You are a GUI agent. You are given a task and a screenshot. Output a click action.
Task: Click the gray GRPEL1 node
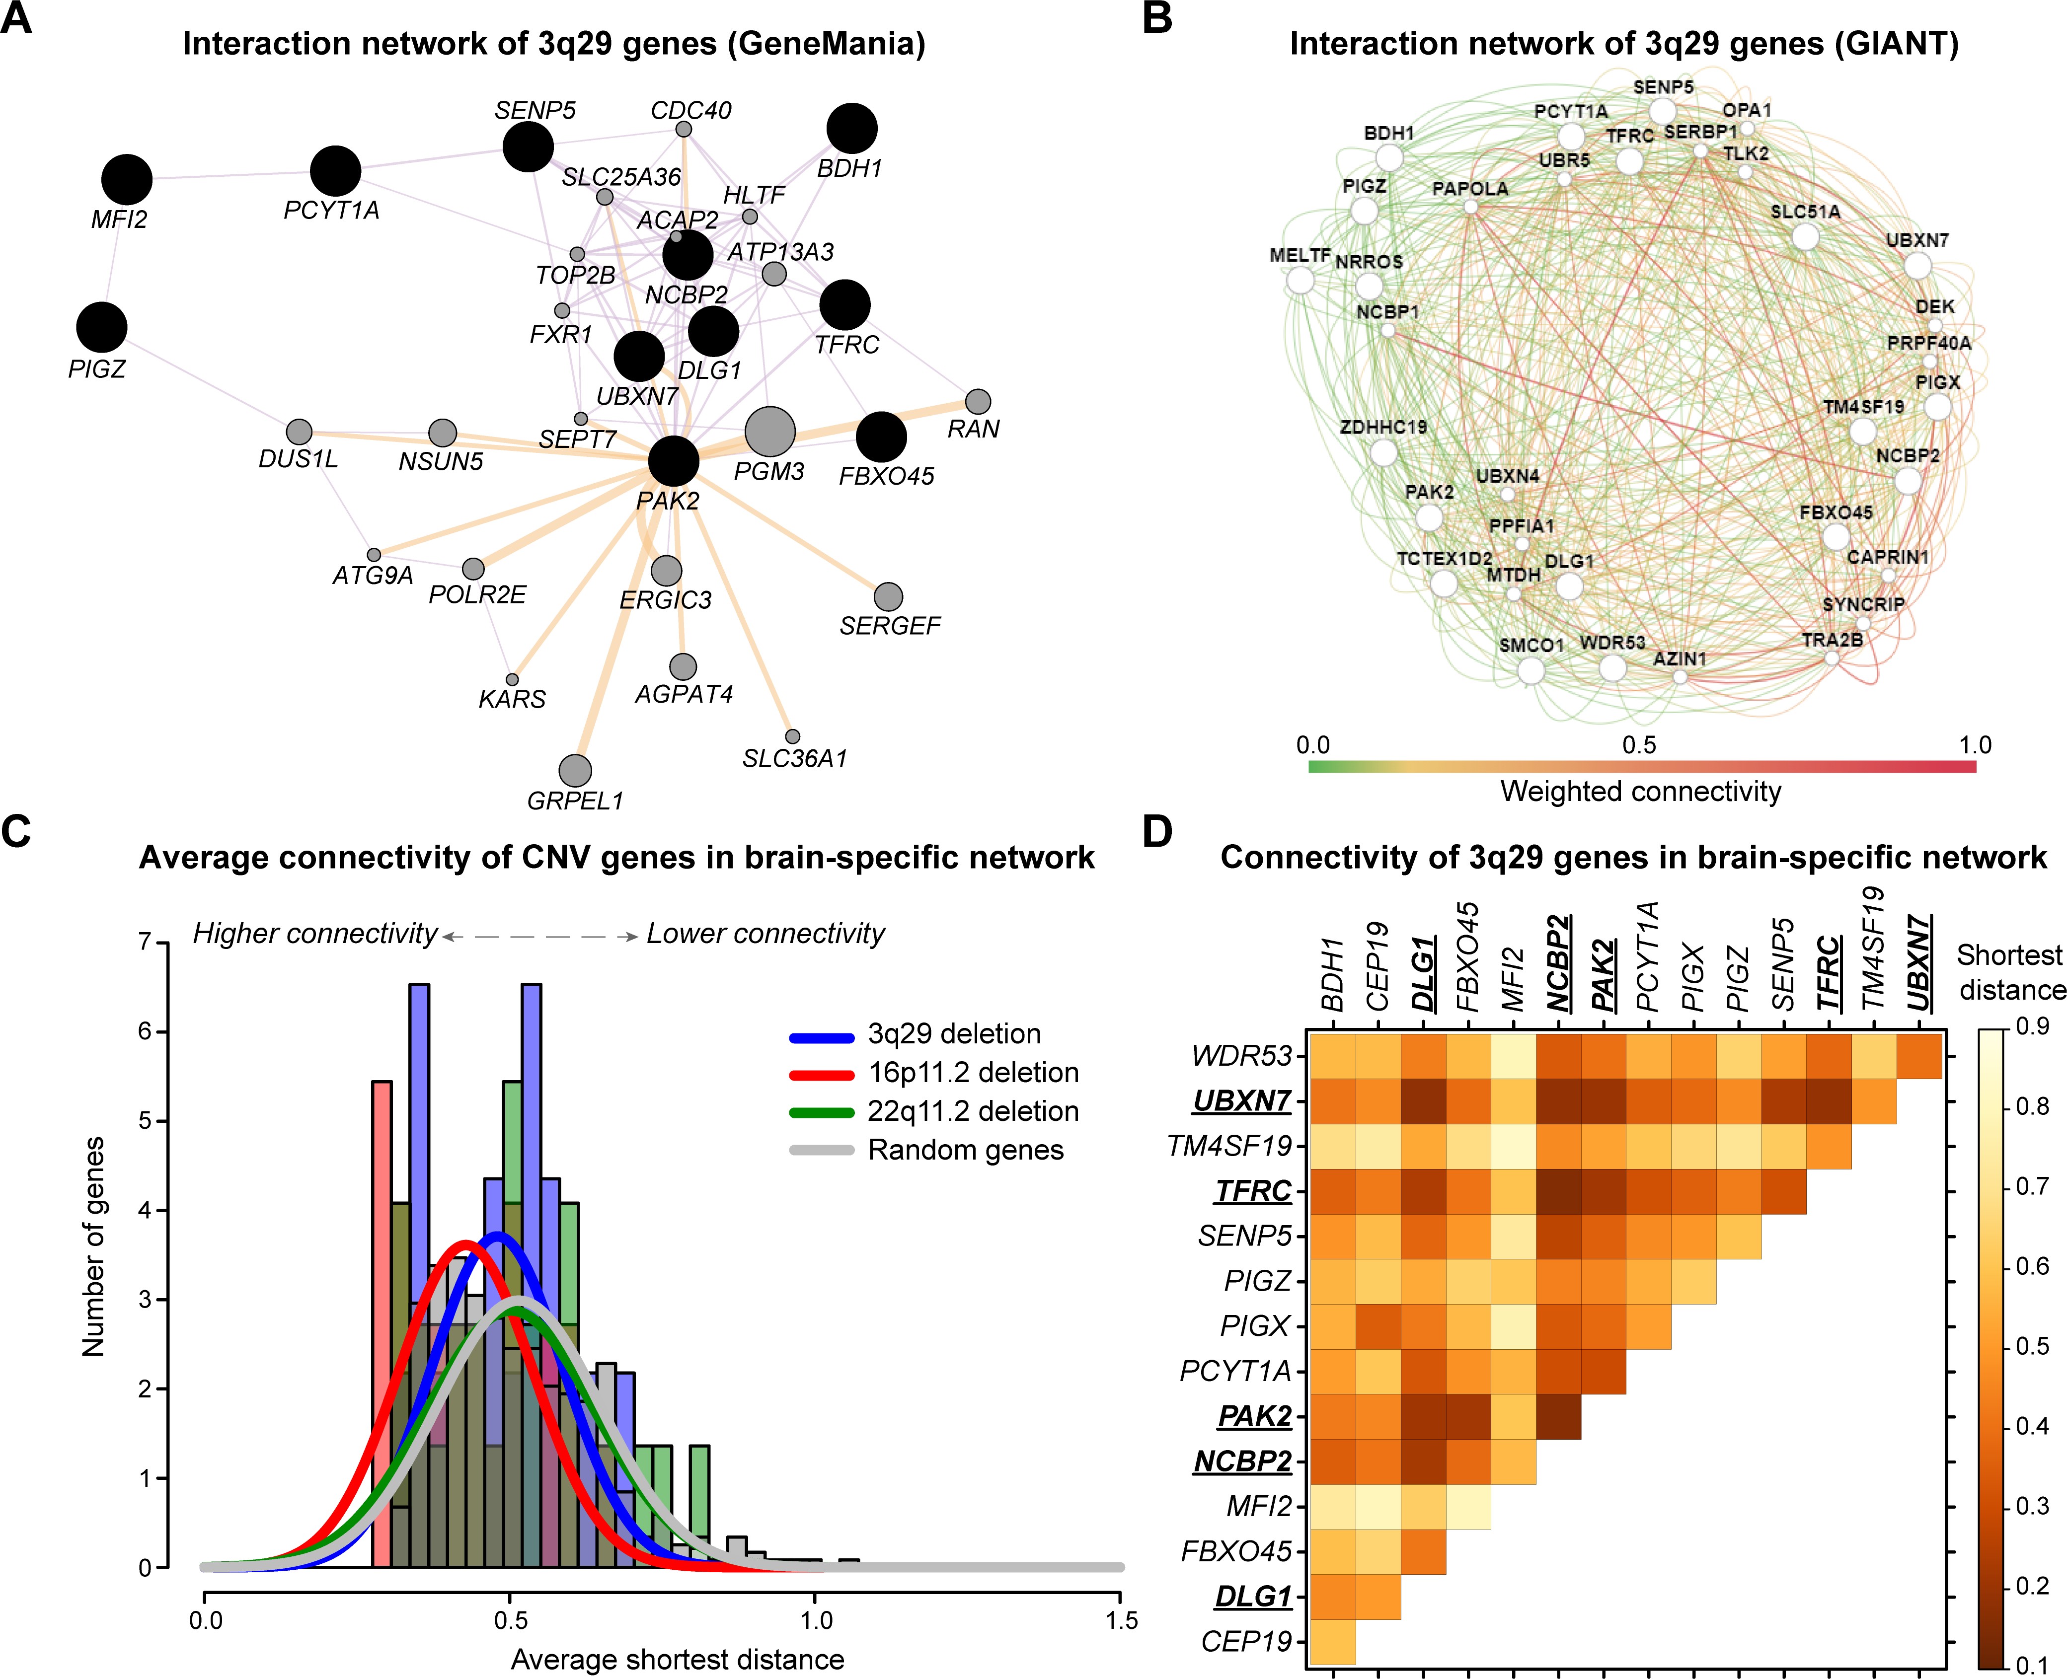click(x=575, y=771)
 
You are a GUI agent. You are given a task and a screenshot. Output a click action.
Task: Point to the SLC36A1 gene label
click(x=794, y=759)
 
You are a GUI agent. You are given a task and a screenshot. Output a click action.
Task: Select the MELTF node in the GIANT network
click(x=1301, y=281)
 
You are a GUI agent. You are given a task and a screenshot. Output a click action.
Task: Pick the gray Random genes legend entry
click(x=965, y=1150)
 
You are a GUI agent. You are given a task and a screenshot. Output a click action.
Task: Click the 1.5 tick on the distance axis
click(x=1121, y=1620)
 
